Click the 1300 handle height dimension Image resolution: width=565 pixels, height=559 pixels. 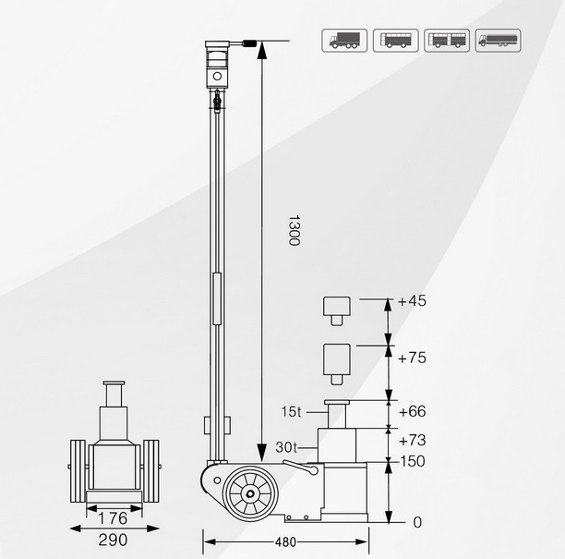click(294, 230)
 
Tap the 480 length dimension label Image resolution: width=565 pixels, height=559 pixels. click(285, 542)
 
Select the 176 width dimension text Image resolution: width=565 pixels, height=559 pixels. click(113, 518)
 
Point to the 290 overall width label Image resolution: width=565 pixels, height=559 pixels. click(113, 540)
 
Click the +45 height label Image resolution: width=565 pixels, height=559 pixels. click(412, 301)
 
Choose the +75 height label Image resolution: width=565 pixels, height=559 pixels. click(412, 358)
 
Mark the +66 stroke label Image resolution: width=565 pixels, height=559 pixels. click(412, 411)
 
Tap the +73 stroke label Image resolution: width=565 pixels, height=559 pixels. click(412, 441)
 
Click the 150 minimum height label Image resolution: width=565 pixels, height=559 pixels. click(413, 461)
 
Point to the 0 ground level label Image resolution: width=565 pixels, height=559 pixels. click(417, 522)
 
